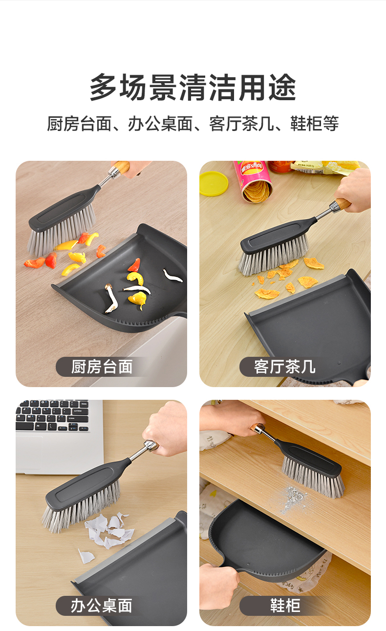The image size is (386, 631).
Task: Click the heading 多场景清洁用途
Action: [x=193, y=87]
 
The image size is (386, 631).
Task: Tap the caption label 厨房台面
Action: [x=102, y=367]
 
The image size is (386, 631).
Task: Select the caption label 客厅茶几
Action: [x=285, y=367]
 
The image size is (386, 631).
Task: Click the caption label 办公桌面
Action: [x=101, y=606]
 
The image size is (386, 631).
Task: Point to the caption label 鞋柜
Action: [x=285, y=606]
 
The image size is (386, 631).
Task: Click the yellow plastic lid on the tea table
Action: [x=213, y=183]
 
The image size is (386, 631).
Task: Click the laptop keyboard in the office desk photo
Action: [x=53, y=415]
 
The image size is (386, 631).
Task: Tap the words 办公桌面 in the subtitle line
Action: [x=160, y=124]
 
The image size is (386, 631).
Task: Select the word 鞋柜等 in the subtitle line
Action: [x=315, y=124]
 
